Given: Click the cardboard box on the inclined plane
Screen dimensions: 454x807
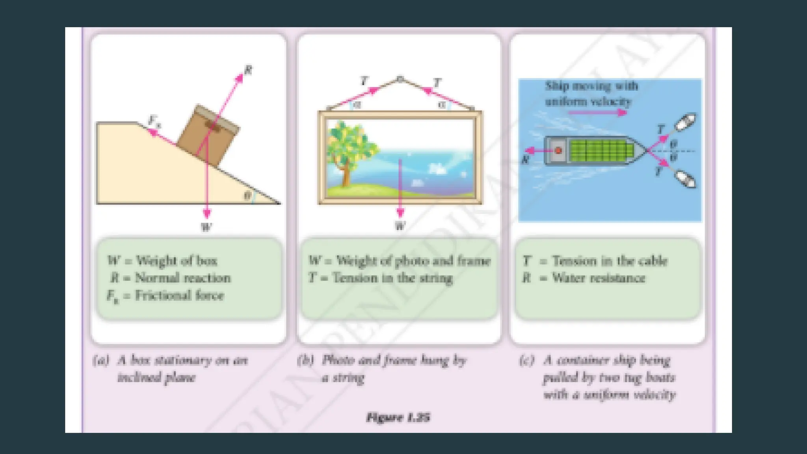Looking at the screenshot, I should coord(208,135).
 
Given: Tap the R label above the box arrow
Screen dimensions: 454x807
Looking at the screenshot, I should coord(248,71).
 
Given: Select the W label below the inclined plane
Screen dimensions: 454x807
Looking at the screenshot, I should coord(206,227).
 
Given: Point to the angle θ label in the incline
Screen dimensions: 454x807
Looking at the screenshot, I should coord(247,195).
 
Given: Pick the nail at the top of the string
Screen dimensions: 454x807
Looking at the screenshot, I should coord(400,79).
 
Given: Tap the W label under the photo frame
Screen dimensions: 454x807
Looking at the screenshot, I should coord(400,226).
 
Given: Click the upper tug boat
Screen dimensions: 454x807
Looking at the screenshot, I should coord(686,122).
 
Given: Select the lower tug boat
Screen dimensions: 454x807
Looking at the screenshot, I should coord(686,180).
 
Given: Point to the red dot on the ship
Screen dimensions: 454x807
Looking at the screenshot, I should coord(558,151).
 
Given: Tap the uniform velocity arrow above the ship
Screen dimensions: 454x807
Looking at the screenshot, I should coord(597,113).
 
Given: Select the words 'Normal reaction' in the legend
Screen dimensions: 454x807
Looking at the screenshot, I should coord(183,278).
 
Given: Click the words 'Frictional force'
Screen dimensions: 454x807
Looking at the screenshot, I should coord(180,296).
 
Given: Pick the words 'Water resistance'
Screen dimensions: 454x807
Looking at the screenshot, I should coord(599,278).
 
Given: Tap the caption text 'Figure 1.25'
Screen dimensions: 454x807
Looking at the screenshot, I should coord(398,417).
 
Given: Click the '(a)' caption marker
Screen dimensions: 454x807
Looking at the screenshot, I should coord(101,360).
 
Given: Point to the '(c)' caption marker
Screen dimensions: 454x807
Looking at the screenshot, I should coord(527,360).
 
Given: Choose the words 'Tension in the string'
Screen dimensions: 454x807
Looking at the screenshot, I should coord(392,278).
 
